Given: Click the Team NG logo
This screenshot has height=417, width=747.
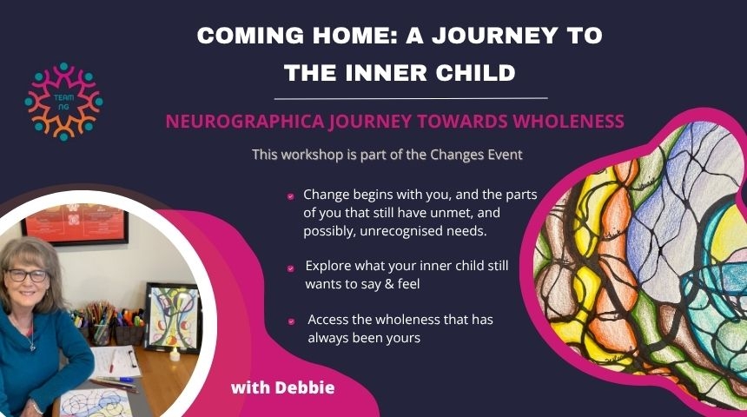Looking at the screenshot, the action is pos(63,102).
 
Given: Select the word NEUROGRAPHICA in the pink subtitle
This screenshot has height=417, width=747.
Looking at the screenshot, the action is pos(245,122).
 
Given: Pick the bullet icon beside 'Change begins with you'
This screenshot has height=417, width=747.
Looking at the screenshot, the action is pos(291,195).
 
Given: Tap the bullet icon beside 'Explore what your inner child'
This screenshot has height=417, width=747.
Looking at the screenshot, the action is pos(291,268).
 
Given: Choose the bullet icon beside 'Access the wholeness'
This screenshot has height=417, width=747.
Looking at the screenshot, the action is pos(291,321).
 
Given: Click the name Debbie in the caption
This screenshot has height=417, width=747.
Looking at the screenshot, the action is pos(305,387).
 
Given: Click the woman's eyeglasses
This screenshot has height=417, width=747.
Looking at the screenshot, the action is pos(26,275).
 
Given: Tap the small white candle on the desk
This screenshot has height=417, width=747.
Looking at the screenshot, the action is pos(175,354).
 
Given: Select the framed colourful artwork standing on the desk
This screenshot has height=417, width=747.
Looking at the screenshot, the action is pos(173,317).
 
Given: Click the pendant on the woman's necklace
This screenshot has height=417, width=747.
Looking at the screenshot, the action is pos(32,347).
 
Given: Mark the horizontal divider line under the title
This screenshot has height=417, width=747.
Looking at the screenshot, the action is pos(411,99).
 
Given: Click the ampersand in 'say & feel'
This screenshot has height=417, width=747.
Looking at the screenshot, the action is pos(388,284).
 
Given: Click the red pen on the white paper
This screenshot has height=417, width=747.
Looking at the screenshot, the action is pos(112,361).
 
